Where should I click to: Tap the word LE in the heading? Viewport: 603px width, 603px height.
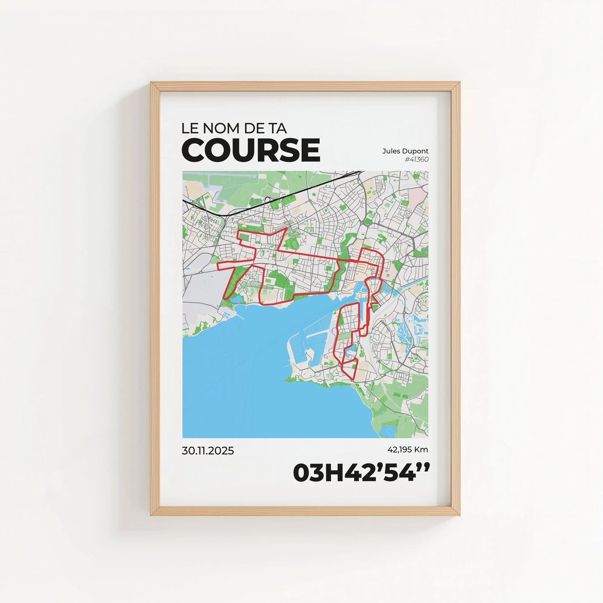point(188,128)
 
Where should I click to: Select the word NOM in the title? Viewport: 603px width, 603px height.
point(218,128)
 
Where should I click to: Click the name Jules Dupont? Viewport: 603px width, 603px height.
point(405,151)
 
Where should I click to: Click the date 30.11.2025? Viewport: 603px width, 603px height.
point(207,451)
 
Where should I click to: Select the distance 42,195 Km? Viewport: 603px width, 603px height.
point(407,449)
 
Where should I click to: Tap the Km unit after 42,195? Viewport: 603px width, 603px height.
point(422,449)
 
